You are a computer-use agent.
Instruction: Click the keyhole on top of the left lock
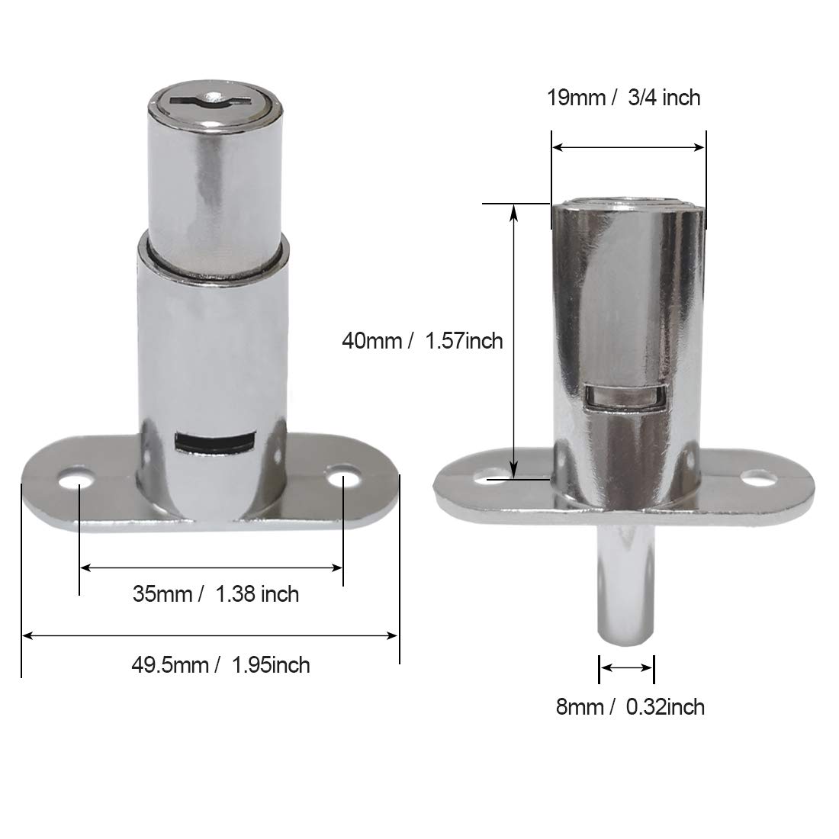coord(209,100)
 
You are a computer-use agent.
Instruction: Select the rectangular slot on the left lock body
coord(214,442)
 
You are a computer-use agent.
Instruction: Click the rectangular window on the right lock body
coord(625,397)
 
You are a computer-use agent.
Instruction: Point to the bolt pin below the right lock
coord(625,584)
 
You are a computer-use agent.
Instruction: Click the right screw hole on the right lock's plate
coord(757,477)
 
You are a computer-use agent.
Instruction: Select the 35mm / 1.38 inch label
coord(216,594)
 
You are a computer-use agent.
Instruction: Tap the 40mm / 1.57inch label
coord(423,341)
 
